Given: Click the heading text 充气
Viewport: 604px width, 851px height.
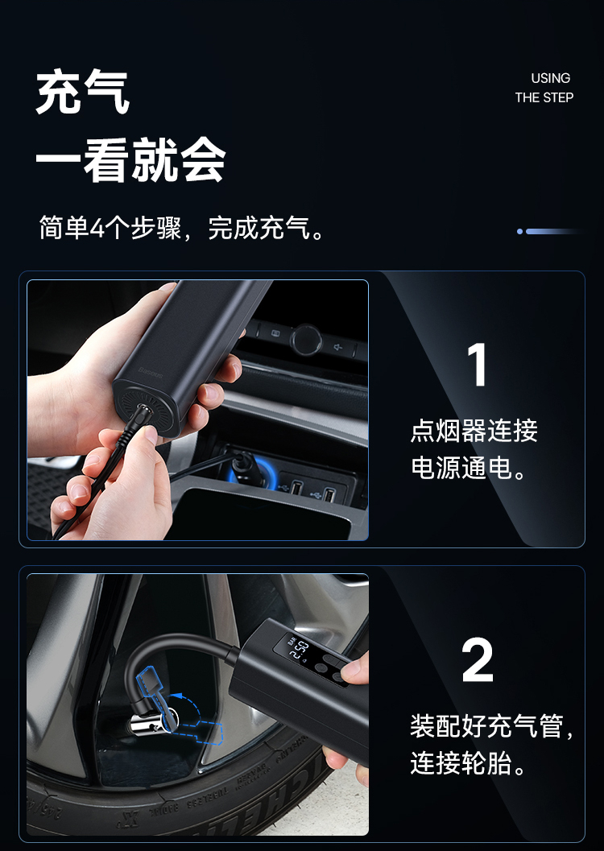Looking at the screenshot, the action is coord(82,93).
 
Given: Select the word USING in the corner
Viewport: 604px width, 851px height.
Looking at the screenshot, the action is coord(550,78).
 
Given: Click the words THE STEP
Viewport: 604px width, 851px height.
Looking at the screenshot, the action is coord(544,97).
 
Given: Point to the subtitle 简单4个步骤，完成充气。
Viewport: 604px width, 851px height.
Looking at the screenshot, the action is coord(182,228).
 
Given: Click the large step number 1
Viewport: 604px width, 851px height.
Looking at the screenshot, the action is coord(477,365).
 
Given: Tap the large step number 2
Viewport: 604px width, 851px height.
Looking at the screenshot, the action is coord(478,660).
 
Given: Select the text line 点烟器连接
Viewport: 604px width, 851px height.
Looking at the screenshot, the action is coord(474,431).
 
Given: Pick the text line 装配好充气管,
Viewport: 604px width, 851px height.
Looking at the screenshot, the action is coord(492,726).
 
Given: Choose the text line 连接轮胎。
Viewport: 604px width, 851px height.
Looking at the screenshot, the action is coord(468,763).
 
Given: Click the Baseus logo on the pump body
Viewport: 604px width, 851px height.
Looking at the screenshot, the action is coord(151,374).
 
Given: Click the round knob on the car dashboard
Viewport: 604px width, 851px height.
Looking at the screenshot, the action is coord(306,340).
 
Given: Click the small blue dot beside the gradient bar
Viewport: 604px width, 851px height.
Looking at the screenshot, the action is coord(520,231).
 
